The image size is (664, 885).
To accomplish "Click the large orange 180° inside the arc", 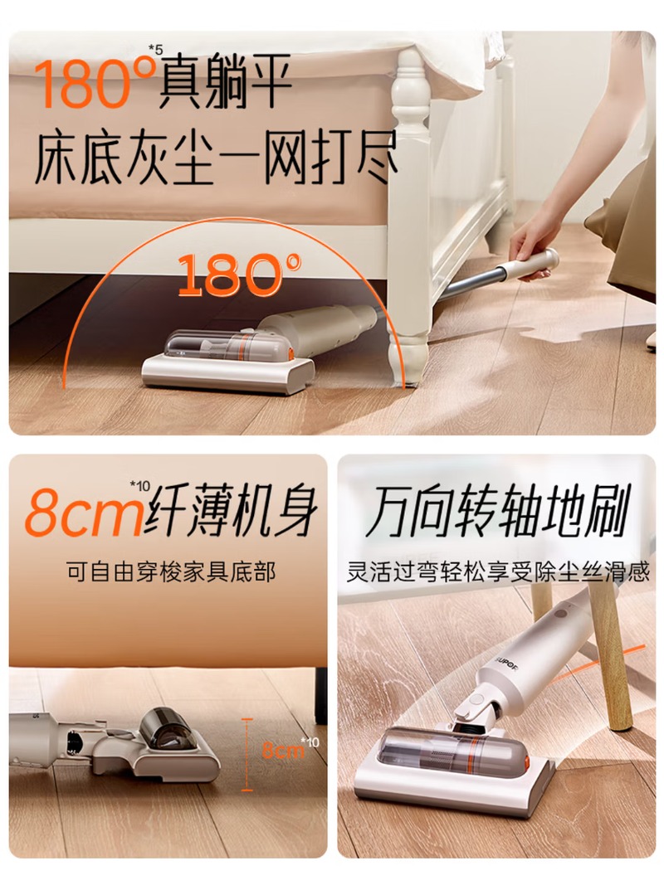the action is pyautogui.click(x=239, y=275).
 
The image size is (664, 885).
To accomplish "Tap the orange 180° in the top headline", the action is pyautogui.click(x=95, y=82).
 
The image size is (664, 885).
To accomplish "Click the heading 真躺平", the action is pyautogui.click(x=226, y=81).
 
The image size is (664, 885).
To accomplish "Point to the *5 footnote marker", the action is pyautogui.click(x=156, y=50).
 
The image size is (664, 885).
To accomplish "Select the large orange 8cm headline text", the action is pyautogui.click(x=84, y=513).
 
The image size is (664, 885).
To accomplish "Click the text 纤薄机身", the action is pyautogui.click(x=232, y=510).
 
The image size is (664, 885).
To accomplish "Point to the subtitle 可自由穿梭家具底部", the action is pyautogui.click(x=171, y=572).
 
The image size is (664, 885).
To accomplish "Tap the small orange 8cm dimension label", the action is pyautogui.click(x=283, y=750).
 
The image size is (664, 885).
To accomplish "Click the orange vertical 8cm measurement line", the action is pyautogui.click(x=247, y=755).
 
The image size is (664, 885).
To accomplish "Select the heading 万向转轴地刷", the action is pyautogui.click(x=498, y=512).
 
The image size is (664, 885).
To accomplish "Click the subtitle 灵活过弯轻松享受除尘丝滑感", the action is pyautogui.click(x=498, y=572).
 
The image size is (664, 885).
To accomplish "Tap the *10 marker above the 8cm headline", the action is pyautogui.click(x=139, y=485).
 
